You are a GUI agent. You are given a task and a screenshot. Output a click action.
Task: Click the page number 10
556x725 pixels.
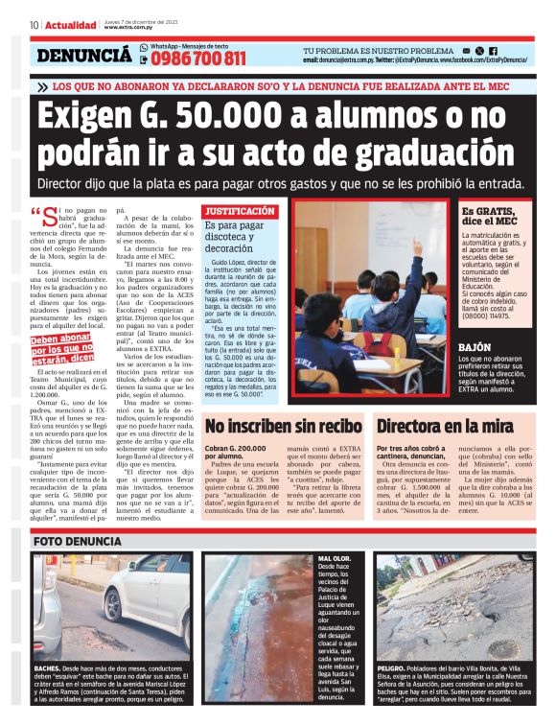click(34, 25)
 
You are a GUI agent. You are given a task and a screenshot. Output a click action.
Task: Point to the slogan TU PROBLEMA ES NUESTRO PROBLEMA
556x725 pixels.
click(378, 50)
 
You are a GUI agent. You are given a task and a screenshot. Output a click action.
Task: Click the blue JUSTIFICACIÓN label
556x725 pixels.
click(241, 210)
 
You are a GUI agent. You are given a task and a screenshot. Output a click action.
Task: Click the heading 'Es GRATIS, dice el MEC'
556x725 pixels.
click(489, 216)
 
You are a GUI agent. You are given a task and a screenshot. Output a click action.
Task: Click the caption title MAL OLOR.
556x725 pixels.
click(334, 557)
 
